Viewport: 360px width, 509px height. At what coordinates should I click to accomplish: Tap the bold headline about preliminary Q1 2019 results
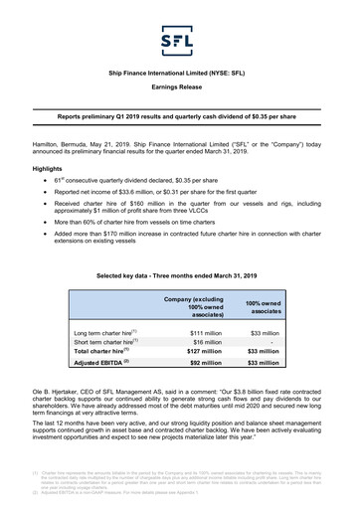point(180,117)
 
